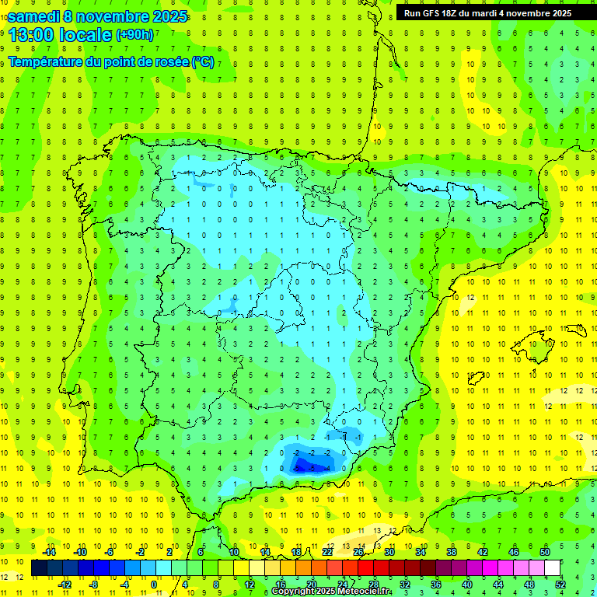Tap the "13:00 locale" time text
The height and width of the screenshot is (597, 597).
[60, 34]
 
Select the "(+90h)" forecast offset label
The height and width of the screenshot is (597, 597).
[135, 34]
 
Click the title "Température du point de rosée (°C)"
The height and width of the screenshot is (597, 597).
[111, 62]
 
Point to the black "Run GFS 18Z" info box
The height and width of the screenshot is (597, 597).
[488, 12]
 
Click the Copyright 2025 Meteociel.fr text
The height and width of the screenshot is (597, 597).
[331, 592]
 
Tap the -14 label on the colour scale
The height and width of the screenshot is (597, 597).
[50, 552]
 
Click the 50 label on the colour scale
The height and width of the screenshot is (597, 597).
[545, 552]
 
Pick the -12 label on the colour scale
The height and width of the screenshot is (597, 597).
[65, 584]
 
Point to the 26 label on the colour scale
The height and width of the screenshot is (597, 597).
[358, 552]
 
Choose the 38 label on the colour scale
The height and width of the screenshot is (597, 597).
[452, 552]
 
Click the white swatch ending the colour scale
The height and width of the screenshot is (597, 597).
[553, 567]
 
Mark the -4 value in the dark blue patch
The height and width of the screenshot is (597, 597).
[312, 468]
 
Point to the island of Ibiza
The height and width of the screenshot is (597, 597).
[475, 378]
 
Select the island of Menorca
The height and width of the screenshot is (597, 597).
[576, 329]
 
